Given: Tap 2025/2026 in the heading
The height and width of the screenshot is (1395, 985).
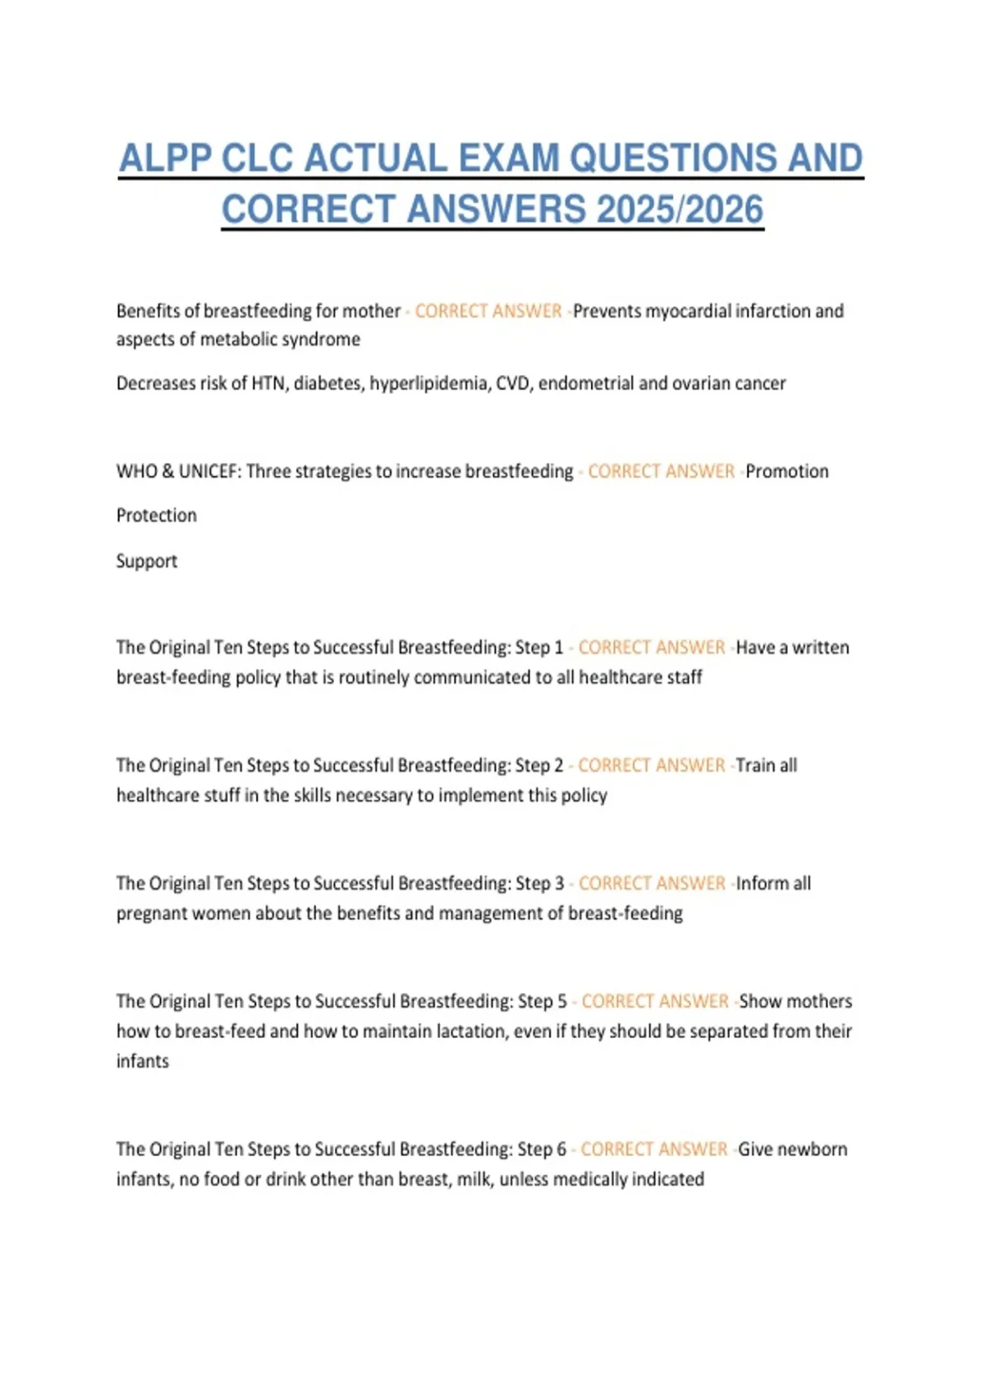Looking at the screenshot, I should [x=680, y=209].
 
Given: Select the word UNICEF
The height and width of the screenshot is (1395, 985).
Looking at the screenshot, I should [x=208, y=471].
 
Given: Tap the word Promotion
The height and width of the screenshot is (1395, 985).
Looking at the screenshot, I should [x=787, y=471].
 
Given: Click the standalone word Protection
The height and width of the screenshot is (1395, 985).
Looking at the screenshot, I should [x=157, y=515].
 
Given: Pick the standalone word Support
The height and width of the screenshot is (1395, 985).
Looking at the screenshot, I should [x=147, y=561].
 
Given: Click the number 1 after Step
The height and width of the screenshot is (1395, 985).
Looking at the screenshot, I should [x=559, y=647].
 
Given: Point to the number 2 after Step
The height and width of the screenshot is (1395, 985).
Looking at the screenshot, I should [x=559, y=766].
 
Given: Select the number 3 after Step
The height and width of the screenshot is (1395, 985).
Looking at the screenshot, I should [x=560, y=884].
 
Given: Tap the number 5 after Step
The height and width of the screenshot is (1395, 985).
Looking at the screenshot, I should [x=562, y=1002].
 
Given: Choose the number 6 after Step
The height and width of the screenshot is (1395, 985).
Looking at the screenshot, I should [x=561, y=1150].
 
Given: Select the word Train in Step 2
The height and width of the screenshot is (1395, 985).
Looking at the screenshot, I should [x=755, y=766].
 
